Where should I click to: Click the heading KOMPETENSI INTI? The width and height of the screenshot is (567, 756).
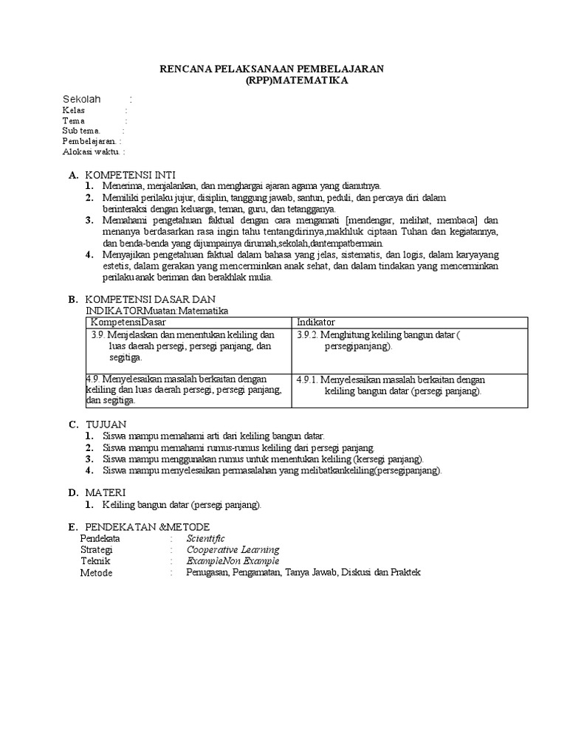130,175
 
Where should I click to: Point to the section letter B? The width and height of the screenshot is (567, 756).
72,300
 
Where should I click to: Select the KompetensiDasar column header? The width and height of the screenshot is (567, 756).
128,323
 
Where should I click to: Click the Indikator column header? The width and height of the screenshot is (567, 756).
315,323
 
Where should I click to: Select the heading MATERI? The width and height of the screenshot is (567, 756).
106,492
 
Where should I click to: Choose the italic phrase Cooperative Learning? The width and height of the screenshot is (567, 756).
233,549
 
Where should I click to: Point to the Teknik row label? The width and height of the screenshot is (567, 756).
94,560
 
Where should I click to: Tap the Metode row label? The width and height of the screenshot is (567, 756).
96,572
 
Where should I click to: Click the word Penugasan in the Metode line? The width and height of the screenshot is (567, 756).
208,572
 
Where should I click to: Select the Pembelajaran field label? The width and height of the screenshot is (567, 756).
89,141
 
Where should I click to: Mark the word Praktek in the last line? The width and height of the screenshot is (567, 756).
405,572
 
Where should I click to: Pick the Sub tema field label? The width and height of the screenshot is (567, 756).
81,131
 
